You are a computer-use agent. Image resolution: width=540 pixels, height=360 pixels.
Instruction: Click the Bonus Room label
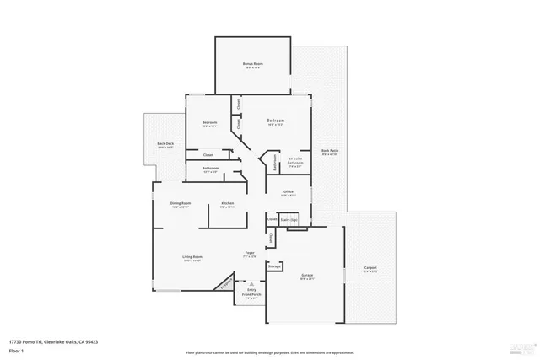click(254, 64)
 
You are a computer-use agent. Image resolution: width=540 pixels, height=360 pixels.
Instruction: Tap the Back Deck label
click(165, 145)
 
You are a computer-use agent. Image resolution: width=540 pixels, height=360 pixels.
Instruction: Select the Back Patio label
click(330, 153)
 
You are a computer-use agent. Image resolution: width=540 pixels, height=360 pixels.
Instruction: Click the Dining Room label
click(181, 204)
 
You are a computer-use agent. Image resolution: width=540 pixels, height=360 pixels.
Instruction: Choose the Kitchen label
click(227, 204)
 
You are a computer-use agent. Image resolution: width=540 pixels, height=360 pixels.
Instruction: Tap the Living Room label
click(192, 258)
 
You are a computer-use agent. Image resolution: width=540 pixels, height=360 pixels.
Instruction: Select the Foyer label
click(250, 254)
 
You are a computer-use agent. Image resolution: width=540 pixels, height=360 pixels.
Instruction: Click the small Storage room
click(274, 266)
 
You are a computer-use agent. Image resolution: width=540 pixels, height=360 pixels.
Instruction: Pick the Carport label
click(370, 270)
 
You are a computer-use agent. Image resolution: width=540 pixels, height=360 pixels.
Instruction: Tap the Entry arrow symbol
click(251, 284)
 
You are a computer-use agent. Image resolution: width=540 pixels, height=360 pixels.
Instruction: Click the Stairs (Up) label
click(289, 219)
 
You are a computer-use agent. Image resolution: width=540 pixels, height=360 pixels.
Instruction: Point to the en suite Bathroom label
click(295, 162)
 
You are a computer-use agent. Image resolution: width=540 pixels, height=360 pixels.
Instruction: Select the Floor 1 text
click(16, 350)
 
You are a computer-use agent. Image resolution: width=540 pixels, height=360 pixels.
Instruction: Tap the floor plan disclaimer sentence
click(269, 352)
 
